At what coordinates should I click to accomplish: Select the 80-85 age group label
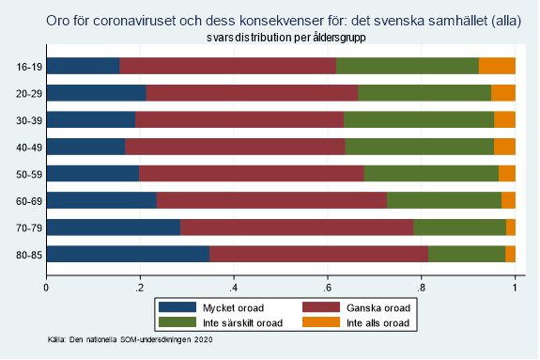pyautogui.click(x=26, y=254)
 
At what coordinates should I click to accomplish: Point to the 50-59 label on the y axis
pyautogui.click(x=26, y=174)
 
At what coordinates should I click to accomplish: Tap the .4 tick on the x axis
pyautogui.click(x=233, y=288)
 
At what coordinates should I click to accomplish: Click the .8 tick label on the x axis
pyautogui.click(x=421, y=288)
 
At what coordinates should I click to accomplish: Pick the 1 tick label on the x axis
pyautogui.click(x=515, y=288)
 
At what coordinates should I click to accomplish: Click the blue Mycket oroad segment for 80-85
pyautogui.click(x=128, y=254)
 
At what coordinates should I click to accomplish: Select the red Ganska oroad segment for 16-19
pyautogui.click(x=227, y=66)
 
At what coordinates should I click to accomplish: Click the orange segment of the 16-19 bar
pyautogui.click(x=497, y=66)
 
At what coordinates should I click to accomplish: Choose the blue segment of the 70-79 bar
pyautogui.click(x=113, y=227)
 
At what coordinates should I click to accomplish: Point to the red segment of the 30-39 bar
pyautogui.click(x=239, y=119)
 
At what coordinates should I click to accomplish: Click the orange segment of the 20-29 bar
pyautogui.click(x=503, y=92)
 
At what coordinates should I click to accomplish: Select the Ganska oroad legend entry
pyautogui.click(x=352, y=307)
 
